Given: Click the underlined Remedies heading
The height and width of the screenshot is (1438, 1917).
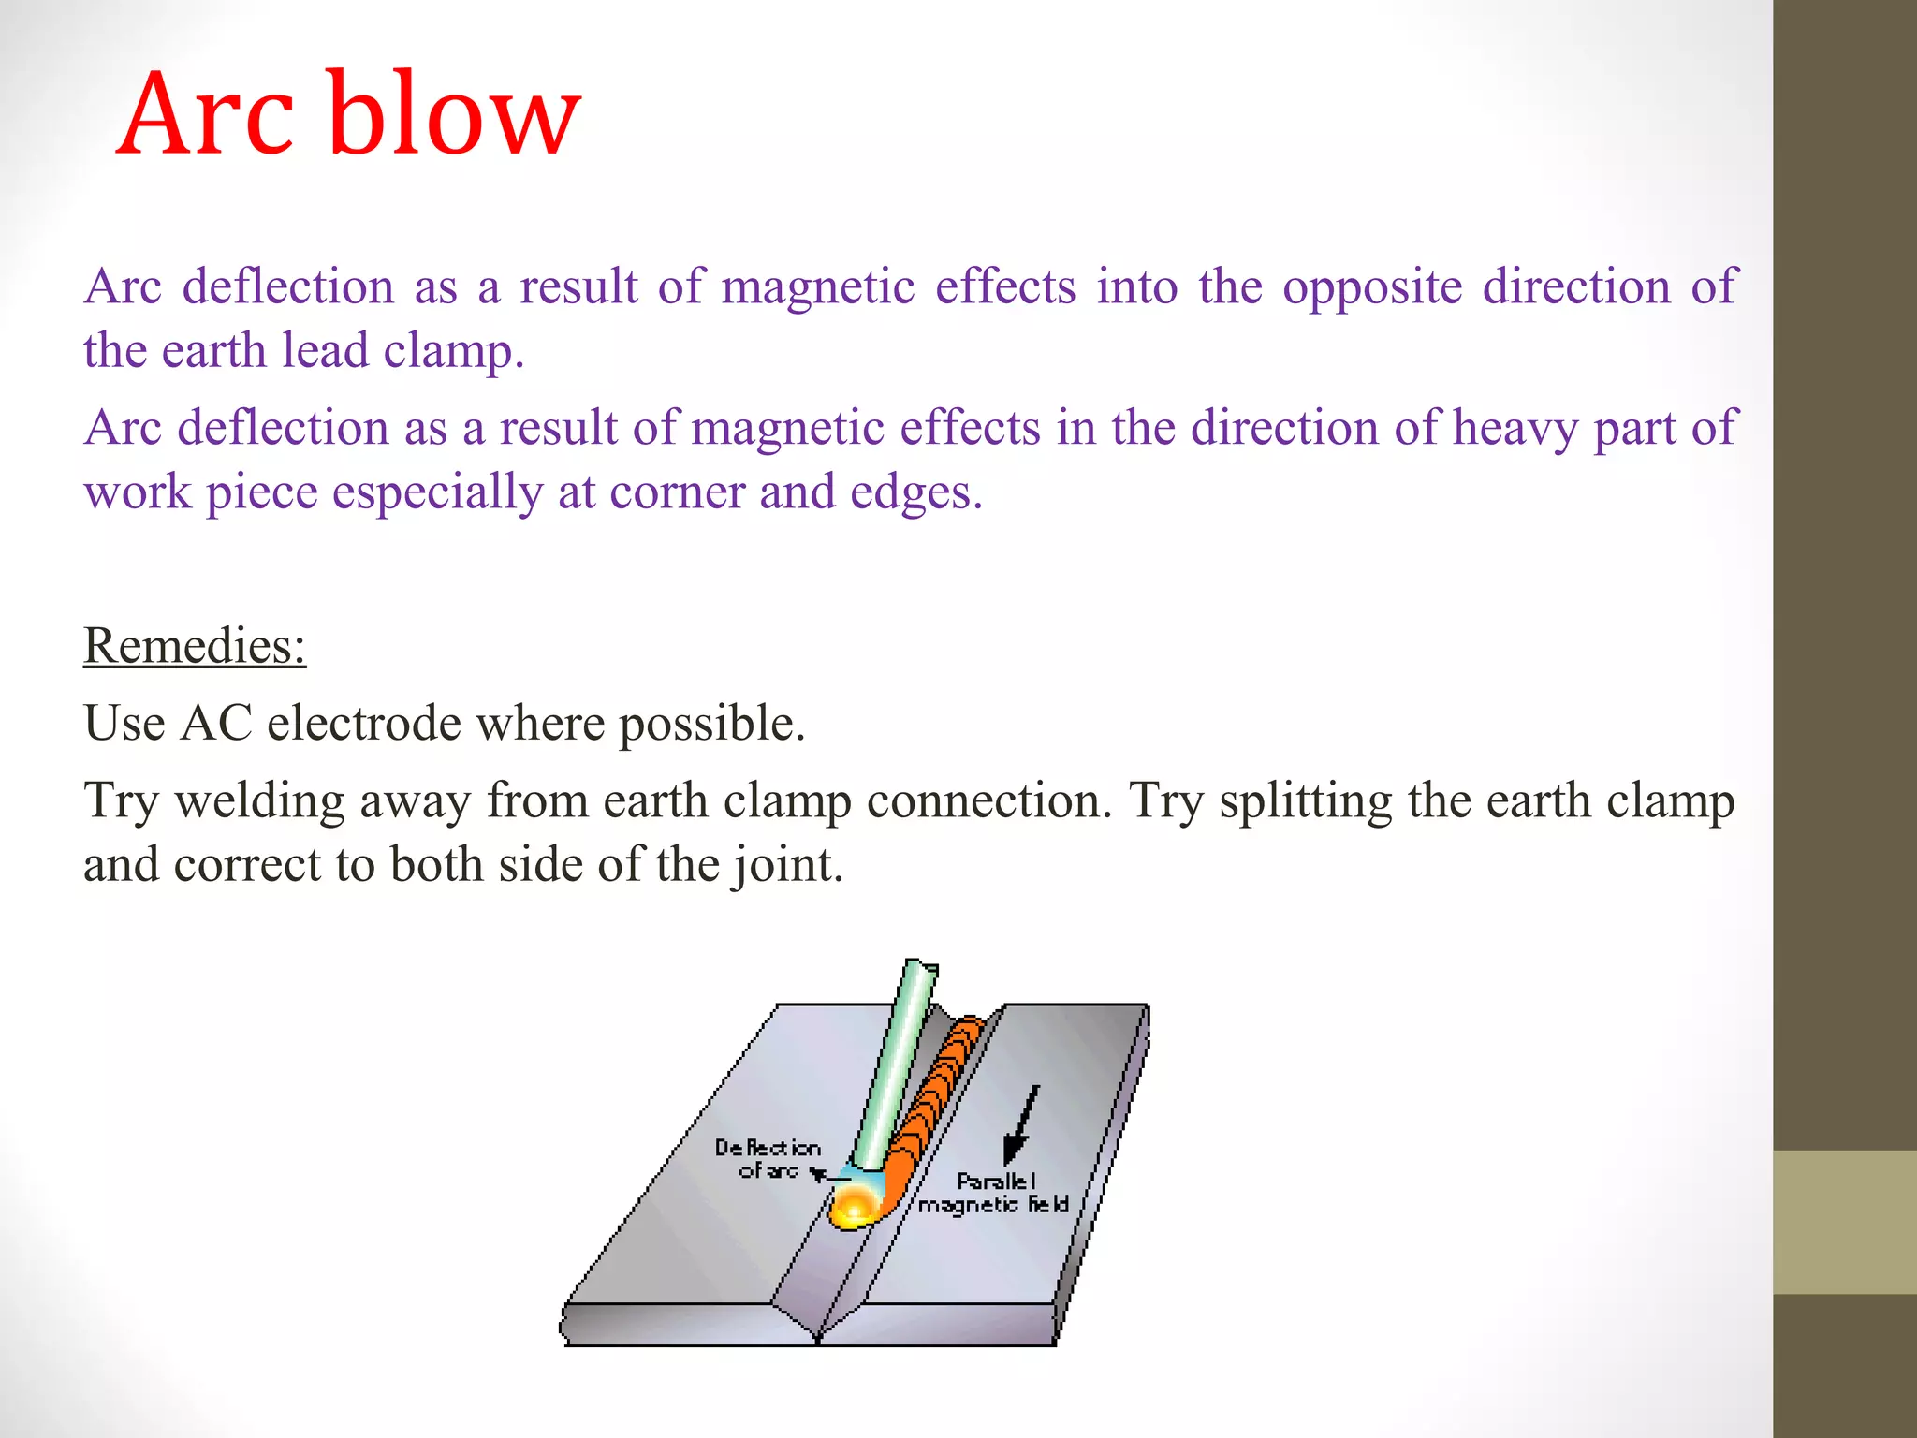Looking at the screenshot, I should pyautogui.click(x=195, y=645).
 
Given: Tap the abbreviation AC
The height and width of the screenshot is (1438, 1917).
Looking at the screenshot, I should pyautogui.click(x=216, y=723).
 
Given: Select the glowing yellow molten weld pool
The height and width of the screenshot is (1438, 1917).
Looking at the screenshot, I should pyautogui.click(x=855, y=1208).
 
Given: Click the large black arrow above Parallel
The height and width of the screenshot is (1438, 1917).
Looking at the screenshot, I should pyautogui.click(x=1020, y=1123).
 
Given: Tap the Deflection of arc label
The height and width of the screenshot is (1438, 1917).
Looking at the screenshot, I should pyautogui.click(x=768, y=1159).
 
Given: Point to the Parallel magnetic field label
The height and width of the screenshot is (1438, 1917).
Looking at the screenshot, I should pyautogui.click(x=994, y=1194).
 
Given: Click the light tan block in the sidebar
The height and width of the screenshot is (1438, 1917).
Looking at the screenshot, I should pyautogui.click(x=1845, y=1222).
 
